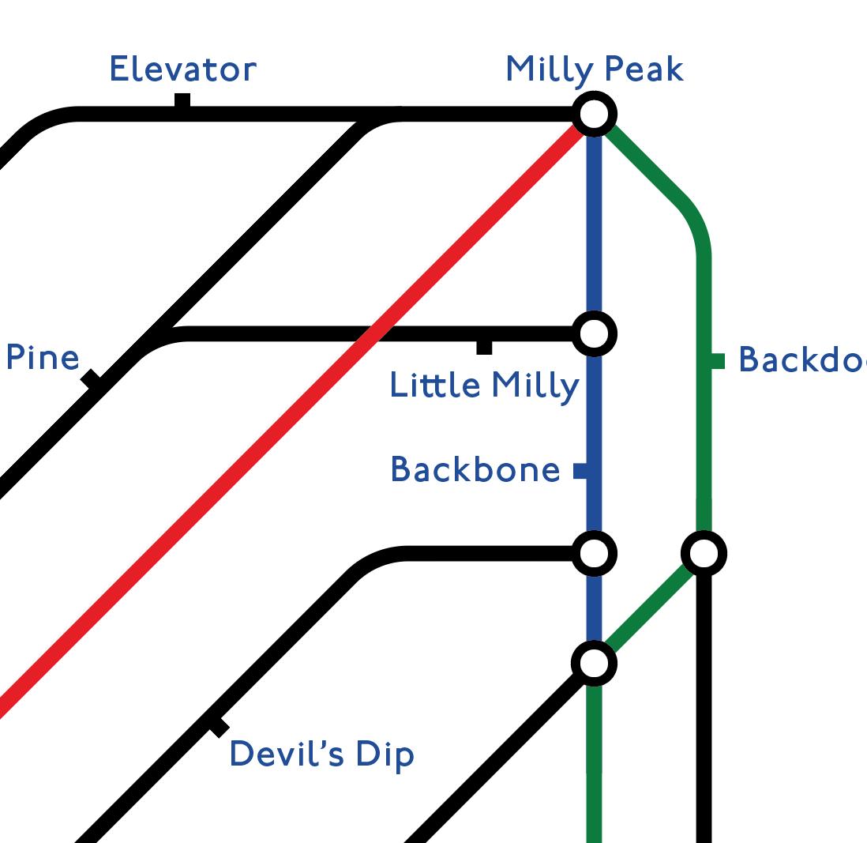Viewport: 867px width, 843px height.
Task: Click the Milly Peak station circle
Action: point(594,115)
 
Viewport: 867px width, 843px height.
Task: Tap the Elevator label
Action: point(182,70)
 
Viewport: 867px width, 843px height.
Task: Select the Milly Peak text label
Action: point(594,70)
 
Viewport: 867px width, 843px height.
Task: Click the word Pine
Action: point(43,358)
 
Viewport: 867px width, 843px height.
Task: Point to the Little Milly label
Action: point(484,386)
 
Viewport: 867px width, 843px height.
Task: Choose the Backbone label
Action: point(475,470)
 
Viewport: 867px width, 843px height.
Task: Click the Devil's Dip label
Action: point(321,755)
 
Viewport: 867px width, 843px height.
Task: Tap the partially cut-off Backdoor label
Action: point(801,360)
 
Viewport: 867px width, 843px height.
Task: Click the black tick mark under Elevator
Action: point(182,101)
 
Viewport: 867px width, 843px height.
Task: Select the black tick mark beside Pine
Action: point(91,378)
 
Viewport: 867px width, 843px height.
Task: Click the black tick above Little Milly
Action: point(484,347)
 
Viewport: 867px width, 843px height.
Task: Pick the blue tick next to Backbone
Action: point(580,471)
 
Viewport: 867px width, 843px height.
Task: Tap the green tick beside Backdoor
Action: point(718,361)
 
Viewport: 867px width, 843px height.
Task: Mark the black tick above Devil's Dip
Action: point(219,727)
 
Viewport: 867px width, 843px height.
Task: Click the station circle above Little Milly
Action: point(594,333)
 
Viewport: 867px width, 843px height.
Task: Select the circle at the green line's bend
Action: point(704,553)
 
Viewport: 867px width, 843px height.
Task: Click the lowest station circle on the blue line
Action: point(594,663)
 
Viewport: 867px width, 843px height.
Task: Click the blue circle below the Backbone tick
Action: point(594,553)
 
